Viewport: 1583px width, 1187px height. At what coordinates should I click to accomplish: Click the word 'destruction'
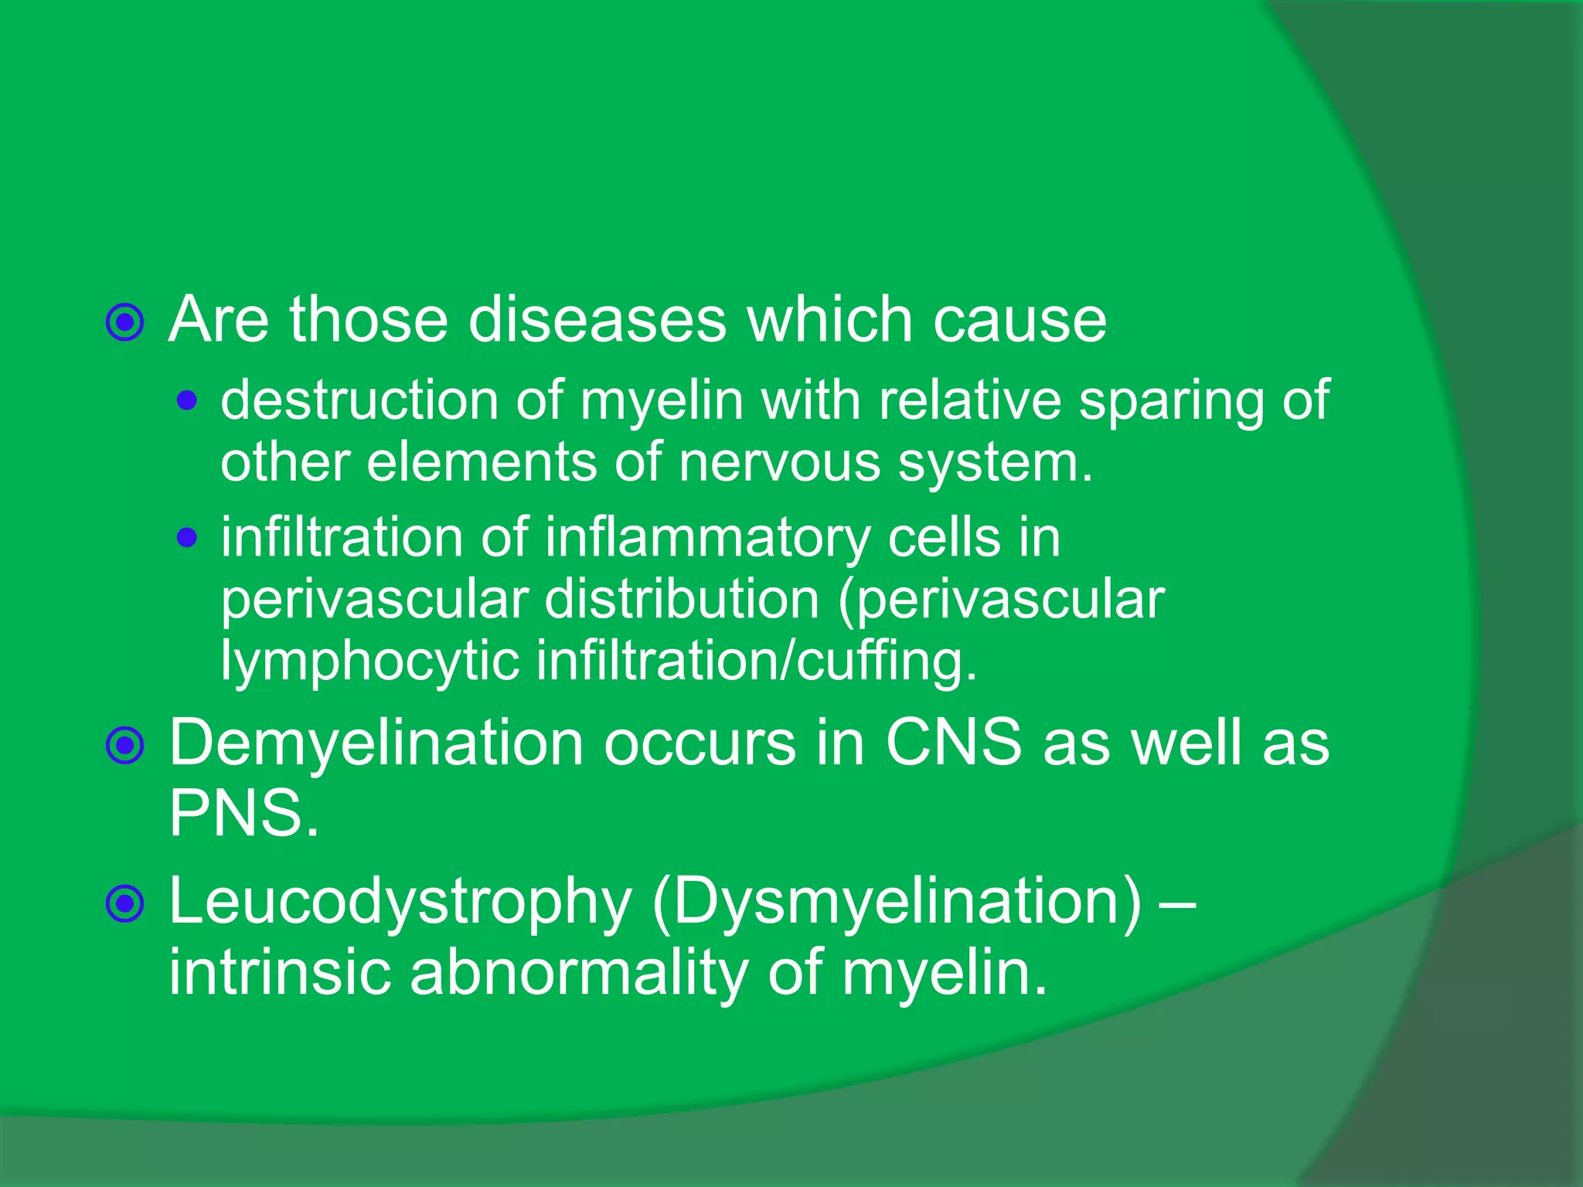[x=359, y=400]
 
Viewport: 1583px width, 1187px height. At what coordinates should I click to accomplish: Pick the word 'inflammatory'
[x=707, y=539]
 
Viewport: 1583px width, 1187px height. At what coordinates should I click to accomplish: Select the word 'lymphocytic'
[x=369, y=662]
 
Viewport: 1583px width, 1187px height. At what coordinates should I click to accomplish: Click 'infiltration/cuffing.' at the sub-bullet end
[x=757, y=662]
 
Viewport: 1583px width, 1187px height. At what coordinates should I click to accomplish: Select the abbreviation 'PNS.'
[x=243, y=813]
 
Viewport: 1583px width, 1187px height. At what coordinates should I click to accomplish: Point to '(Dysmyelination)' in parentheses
[x=896, y=902]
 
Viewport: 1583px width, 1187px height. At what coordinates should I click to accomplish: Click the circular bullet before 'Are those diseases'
[x=125, y=322]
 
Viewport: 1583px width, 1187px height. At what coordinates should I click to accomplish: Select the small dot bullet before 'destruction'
[x=186, y=400]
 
